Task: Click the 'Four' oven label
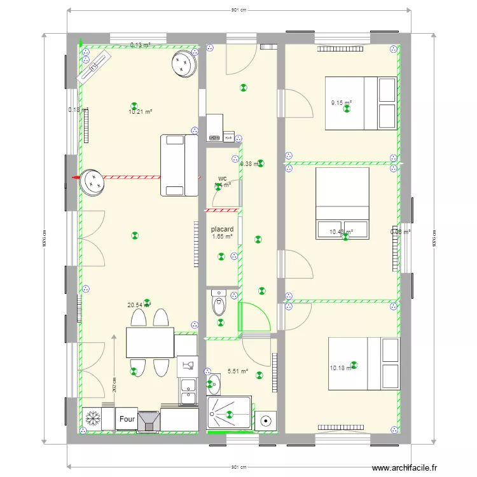pyautogui.click(x=127, y=420)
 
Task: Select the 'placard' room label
pyautogui.click(x=222, y=229)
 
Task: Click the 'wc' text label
pyautogui.click(x=222, y=178)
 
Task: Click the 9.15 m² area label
pyautogui.click(x=341, y=102)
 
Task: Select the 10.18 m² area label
pyautogui.click(x=340, y=368)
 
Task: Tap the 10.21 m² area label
pyautogui.click(x=140, y=112)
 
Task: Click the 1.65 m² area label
pyautogui.click(x=222, y=237)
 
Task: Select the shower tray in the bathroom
pyautogui.click(x=229, y=415)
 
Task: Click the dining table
pyautogui.click(x=150, y=343)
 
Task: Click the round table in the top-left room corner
pyautogui.click(x=185, y=64)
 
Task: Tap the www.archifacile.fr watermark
pyautogui.click(x=404, y=468)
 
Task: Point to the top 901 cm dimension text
pyautogui.click(x=238, y=10)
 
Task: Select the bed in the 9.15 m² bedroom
pyautogui.click(x=361, y=103)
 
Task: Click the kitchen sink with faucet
pyautogui.click(x=188, y=364)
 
